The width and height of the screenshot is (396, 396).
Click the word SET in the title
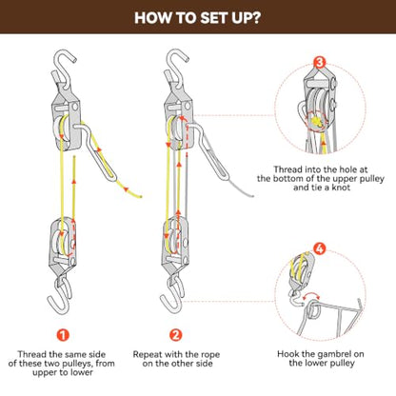(214, 18)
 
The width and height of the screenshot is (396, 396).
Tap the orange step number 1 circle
(63, 335)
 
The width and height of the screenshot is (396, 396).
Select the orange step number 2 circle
(176, 335)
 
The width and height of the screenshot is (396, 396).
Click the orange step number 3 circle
(320, 62)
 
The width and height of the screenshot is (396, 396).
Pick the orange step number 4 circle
(320, 248)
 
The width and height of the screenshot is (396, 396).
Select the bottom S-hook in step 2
(173, 295)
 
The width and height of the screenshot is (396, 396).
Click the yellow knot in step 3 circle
(317, 122)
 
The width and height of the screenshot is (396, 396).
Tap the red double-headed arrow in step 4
(311, 295)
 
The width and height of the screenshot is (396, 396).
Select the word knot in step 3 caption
(341, 188)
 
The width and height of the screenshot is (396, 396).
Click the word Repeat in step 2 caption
(148, 354)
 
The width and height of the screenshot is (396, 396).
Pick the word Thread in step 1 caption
(32, 354)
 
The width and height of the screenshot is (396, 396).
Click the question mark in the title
(256, 18)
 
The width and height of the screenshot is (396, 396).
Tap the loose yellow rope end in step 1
(140, 197)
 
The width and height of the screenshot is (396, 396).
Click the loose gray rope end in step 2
(252, 196)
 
